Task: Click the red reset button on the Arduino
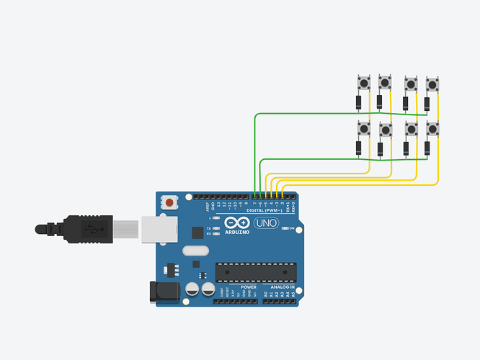click(x=169, y=203)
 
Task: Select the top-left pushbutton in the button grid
click(x=363, y=83)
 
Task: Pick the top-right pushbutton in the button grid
click(x=432, y=84)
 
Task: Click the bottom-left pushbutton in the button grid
click(x=363, y=129)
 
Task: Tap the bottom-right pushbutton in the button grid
click(x=432, y=129)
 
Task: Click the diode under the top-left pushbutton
click(x=358, y=102)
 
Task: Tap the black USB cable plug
click(x=87, y=230)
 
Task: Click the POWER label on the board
click(x=239, y=287)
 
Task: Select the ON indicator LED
click(x=285, y=230)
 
